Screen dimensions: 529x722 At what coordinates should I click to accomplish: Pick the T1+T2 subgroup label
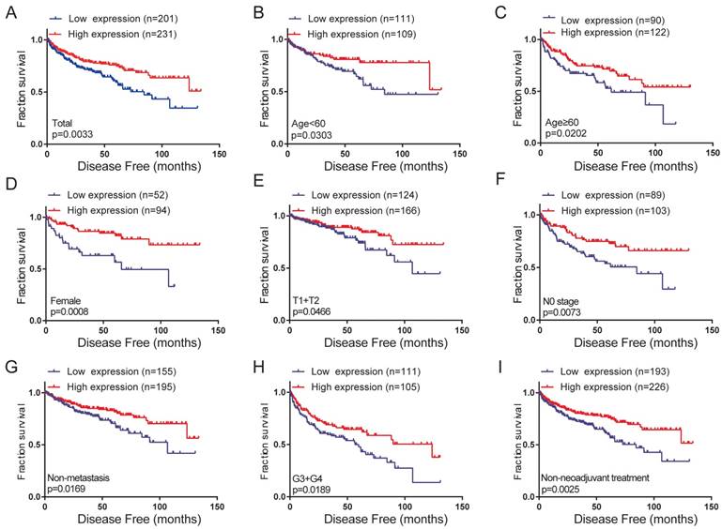[308, 299]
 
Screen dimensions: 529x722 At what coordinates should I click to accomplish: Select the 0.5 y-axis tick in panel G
[34, 445]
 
